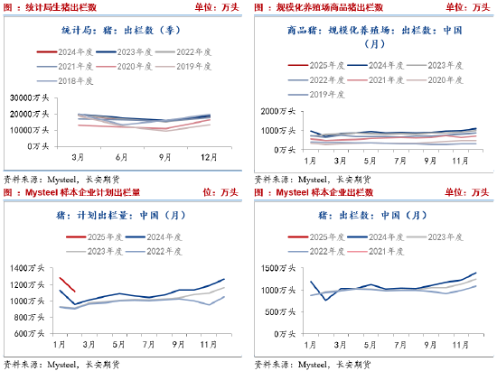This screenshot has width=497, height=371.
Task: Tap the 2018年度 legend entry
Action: [76, 80]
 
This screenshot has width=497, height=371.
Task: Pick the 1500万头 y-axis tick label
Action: [285, 269]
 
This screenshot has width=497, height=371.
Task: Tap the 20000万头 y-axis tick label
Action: [33, 114]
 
